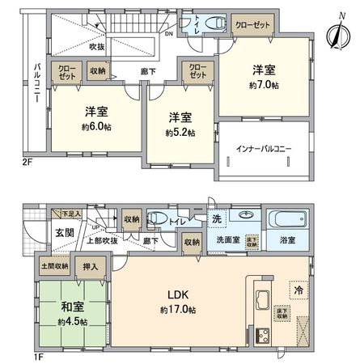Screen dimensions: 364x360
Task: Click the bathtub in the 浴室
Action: (x=287, y=220)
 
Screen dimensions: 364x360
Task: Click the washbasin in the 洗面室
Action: (x=243, y=216)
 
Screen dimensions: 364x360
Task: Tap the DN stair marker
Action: (x=167, y=34)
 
